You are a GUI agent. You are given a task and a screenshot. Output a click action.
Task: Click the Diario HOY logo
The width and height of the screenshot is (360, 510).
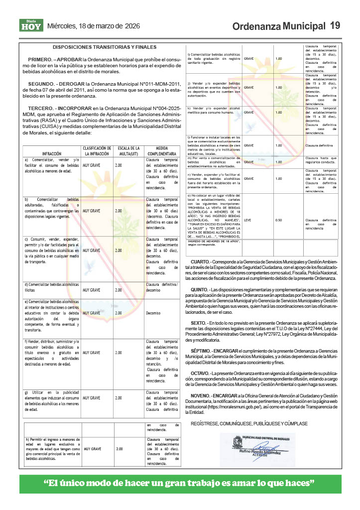pyautogui.click(x=31, y=25)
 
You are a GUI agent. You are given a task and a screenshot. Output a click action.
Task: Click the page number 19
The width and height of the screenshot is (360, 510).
pyautogui.click(x=335, y=25)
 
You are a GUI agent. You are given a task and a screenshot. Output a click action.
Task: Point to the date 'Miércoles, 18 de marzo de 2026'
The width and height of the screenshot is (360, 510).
pyautogui.click(x=93, y=26)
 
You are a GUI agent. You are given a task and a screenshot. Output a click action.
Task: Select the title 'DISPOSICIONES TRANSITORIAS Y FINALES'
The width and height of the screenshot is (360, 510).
pyautogui.click(x=105, y=47)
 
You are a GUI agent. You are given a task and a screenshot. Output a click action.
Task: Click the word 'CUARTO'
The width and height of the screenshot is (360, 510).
pyautogui.click(x=200, y=262)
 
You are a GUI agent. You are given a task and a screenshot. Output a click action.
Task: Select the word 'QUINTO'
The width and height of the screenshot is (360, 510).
pyautogui.click(x=199, y=289)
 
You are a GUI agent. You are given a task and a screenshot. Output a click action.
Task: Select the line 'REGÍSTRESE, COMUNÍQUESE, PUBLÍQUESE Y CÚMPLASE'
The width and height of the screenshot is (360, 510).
pyautogui.click(x=249, y=423)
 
